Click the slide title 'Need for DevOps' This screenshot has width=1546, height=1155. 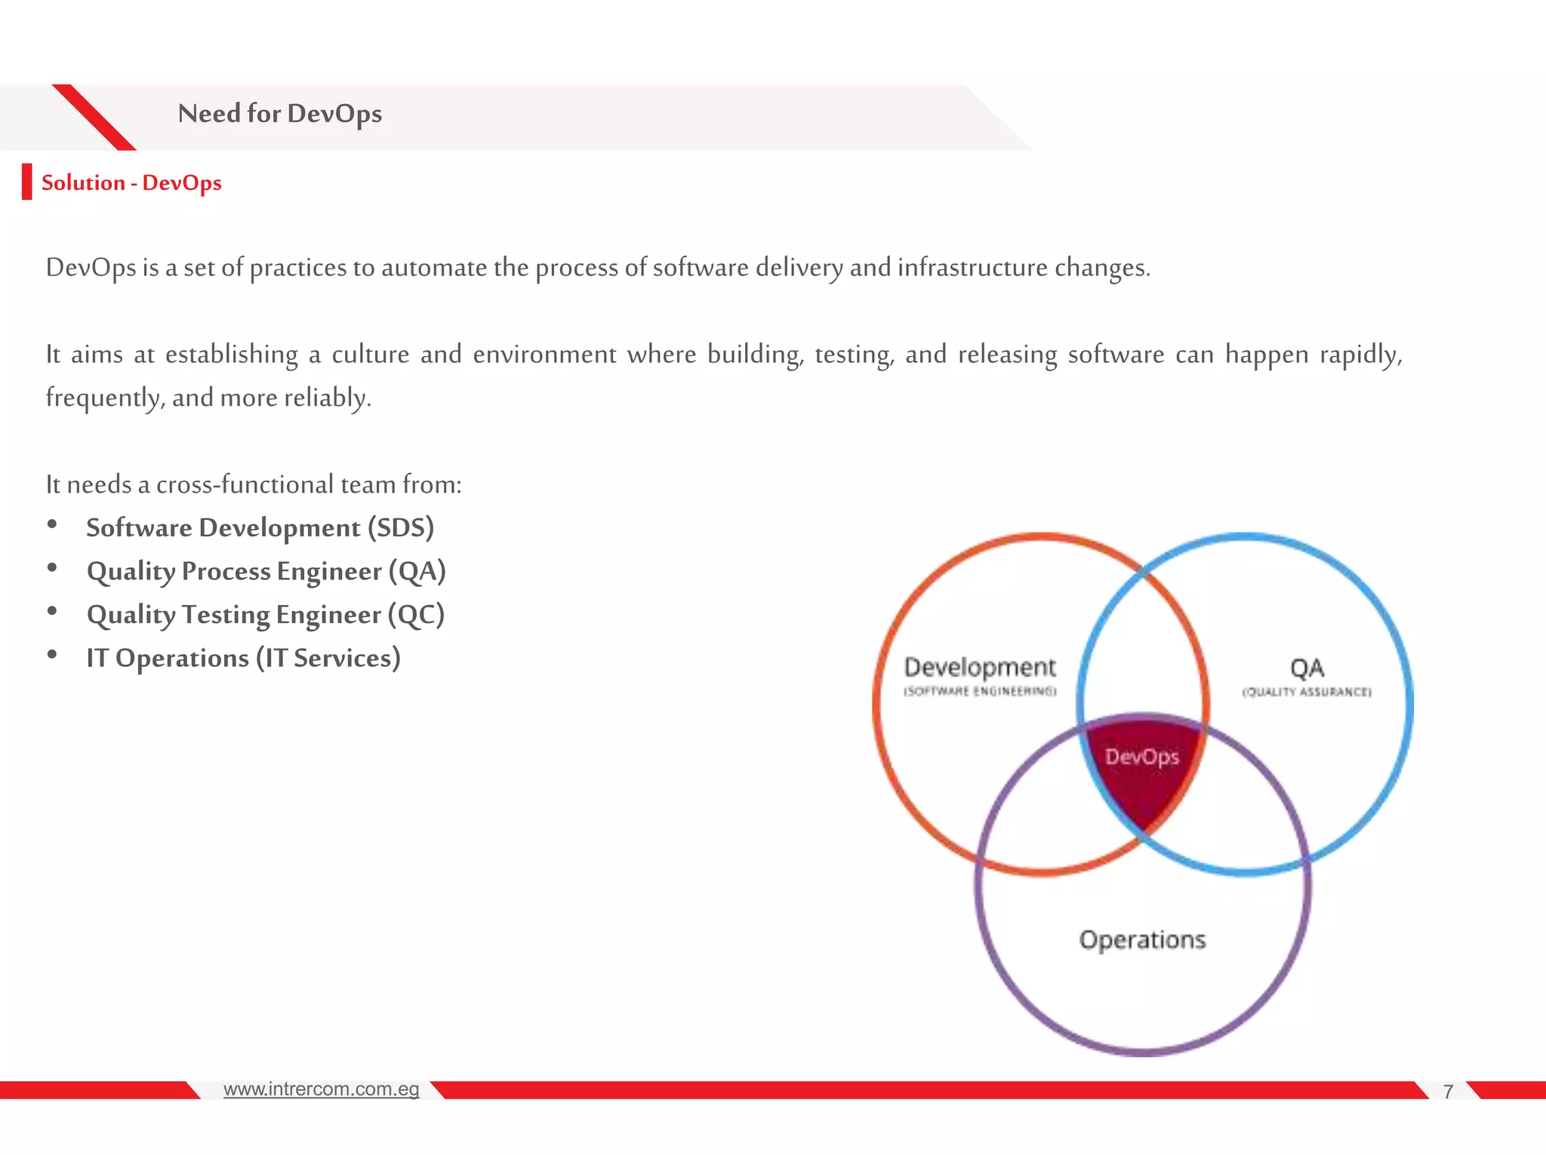pyautogui.click(x=279, y=114)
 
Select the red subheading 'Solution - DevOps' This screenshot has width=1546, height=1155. pyautogui.click(x=131, y=183)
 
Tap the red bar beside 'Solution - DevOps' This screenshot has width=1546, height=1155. pyautogui.click(x=27, y=182)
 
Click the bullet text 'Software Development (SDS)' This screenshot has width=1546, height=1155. pyautogui.click(x=260, y=528)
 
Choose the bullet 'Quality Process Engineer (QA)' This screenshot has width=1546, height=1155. pyautogui.click(x=266, y=572)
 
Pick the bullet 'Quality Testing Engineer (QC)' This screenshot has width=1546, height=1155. pyautogui.click(x=265, y=615)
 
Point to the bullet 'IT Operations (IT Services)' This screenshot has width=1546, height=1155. pyautogui.click(x=243, y=659)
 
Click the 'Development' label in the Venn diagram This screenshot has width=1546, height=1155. pyautogui.click(x=980, y=667)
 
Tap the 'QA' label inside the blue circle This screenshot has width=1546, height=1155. pyautogui.click(x=1307, y=668)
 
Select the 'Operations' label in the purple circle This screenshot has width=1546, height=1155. pyautogui.click(x=1142, y=940)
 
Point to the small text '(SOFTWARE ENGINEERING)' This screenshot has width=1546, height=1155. pyautogui.click(x=980, y=692)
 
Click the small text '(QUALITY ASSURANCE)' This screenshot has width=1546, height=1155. pyautogui.click(x=1307, y=693)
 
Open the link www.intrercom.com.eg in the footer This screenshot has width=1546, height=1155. pyautogui.click(x=321, y=1089)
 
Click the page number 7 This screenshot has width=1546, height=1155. pyautogui.click(x=1448, y=1092)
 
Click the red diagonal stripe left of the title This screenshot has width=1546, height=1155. pyautogui.click(x=94, y=117)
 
